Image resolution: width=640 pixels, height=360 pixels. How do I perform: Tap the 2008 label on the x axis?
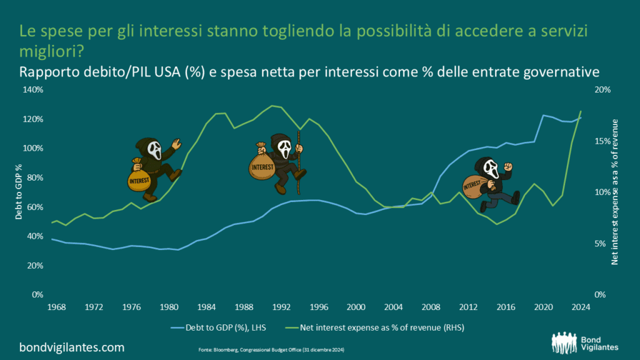click(x=429, y=307)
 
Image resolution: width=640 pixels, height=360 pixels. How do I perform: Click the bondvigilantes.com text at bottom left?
click(x=72, y=347)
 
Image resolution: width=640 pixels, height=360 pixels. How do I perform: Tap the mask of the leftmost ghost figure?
click(x=153, y=151)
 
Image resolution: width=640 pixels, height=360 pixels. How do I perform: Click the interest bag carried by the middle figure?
click(x=261, y=163)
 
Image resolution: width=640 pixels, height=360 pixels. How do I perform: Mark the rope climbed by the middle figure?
click(x=299, y=168)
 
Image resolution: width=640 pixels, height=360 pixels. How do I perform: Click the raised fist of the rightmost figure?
click(x=508, y=166)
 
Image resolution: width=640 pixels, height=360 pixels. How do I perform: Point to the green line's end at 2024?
click(x=581, y=111)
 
